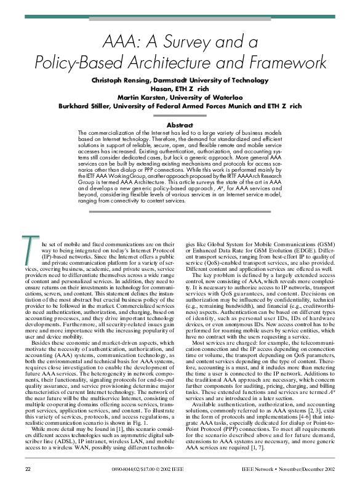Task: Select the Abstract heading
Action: [x=180, y=125]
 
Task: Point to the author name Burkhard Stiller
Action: [x=86, y=105]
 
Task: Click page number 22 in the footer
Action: [x=27, y=470]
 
